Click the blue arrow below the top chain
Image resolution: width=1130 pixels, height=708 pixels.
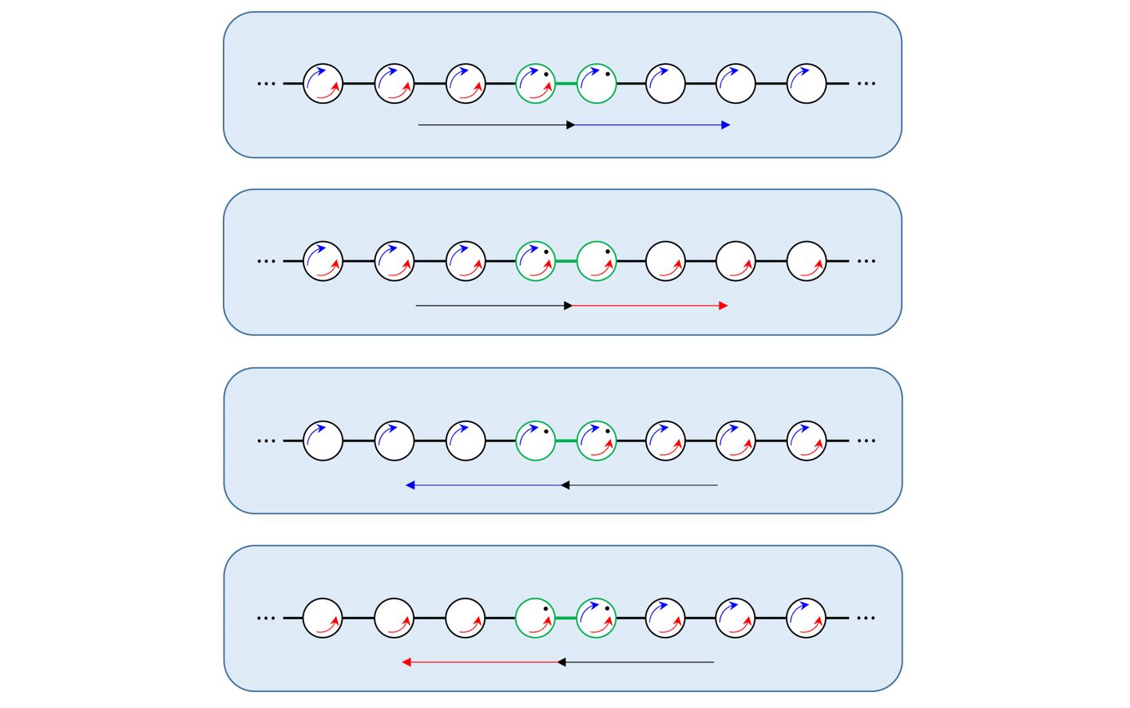tap(651, 125)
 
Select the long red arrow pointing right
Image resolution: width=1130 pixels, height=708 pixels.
tap(648, 306)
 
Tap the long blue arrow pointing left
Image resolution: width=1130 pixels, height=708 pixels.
tap(485, 485)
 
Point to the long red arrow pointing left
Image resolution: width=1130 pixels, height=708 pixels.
tap(481, 663)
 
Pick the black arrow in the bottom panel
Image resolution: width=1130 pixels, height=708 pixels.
tap(636, 663)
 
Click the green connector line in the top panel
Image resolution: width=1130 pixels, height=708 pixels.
tap(566, 83)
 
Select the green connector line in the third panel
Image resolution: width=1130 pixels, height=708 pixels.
tap(566, 441)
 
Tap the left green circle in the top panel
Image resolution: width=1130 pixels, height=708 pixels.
tap(536, 83)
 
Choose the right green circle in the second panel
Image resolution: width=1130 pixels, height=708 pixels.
tap(597, 261)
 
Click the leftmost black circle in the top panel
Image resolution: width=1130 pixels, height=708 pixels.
tap(323, 83)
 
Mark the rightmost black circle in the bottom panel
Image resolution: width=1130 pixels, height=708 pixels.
tap(807, 619)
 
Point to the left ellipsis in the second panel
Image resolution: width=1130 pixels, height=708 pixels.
tap(266, 261)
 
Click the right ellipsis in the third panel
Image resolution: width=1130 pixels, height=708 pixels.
tap(866, 441)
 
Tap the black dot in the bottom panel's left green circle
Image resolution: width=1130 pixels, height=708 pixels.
tap(546, 609)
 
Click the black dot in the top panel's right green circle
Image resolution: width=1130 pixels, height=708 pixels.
tap(608, 74)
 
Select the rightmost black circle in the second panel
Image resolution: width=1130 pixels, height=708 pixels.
tap(807, 261)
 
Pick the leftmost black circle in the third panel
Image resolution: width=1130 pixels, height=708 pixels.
tap(323, 441)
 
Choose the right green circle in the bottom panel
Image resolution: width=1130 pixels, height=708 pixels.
tap(597, 619)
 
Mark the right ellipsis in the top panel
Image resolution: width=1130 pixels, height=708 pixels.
tap(866, 83)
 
